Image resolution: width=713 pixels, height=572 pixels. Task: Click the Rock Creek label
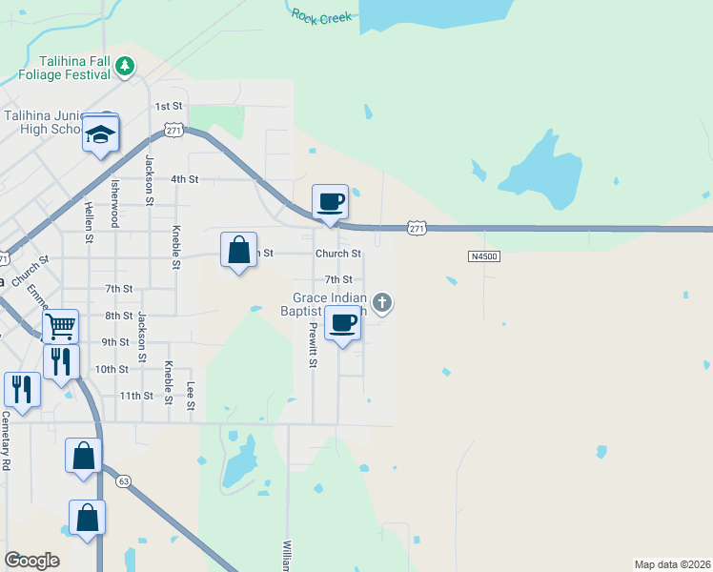click(321, 15)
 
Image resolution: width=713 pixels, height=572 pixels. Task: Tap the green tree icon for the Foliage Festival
click(126, 65)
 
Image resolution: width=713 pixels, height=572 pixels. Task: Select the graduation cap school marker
click(100, 133)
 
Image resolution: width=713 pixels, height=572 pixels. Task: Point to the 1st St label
click(168, 106)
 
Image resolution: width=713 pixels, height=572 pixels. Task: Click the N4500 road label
click(484, 256)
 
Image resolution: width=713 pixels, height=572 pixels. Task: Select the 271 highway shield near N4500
click(416, 228)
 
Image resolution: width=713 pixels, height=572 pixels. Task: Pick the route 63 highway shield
click(124, 481)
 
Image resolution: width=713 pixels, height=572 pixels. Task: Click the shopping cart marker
click(60, 326)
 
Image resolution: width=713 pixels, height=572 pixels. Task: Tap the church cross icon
click(382, 304)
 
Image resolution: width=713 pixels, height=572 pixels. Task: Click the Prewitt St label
click(312, 344)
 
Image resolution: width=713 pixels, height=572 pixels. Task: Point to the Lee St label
click(191, 396)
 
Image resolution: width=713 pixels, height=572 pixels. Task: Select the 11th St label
click(135, 395)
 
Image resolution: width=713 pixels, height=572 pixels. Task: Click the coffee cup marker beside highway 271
click(330, 202)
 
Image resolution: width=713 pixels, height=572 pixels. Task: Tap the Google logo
click(31, 561)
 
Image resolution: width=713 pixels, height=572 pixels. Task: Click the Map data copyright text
click(672, 563)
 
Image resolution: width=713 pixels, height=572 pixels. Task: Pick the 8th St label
click(118, 316)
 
